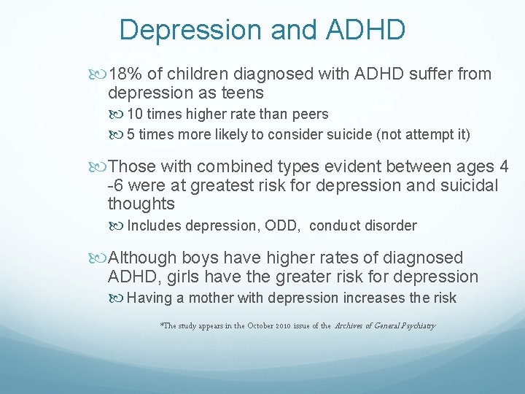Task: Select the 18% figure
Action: (122, 74)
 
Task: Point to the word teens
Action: (241, 93)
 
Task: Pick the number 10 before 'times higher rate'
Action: (136, 115)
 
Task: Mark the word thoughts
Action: (141, 204)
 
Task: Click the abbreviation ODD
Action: (283, 225)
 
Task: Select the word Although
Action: (142, 258)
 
